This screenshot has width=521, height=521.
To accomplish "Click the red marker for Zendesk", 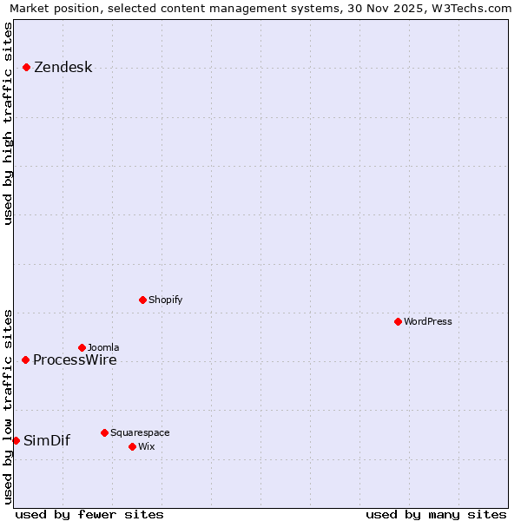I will (27, 67).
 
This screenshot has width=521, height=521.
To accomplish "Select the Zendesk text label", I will (63, 68).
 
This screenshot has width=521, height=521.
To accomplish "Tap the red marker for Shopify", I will (143, 300).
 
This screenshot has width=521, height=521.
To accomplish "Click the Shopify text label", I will (165, 300).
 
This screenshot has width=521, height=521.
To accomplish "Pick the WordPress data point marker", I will (398, 321).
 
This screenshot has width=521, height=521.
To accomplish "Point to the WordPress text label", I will (427, 321).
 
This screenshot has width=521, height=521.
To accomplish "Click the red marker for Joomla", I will (82, 347).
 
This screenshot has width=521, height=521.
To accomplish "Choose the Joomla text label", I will (103, 347).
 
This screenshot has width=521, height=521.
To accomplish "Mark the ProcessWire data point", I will (26, 359).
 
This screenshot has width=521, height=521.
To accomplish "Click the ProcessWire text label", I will (75, 360).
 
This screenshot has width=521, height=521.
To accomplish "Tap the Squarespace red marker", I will (104, 432).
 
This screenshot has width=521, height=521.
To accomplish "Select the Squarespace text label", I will (140, 432).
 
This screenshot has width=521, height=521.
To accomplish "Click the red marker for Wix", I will (132, 446).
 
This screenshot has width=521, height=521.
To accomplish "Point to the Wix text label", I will (146, 446).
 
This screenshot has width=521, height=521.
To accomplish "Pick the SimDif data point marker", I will (16, 440).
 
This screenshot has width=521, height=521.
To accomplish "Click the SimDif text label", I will (47, 441).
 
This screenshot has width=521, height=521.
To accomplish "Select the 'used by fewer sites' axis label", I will (89, 514).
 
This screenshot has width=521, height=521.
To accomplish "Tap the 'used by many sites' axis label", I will (436, 514).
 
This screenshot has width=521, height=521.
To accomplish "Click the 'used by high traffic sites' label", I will (9, 123).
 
